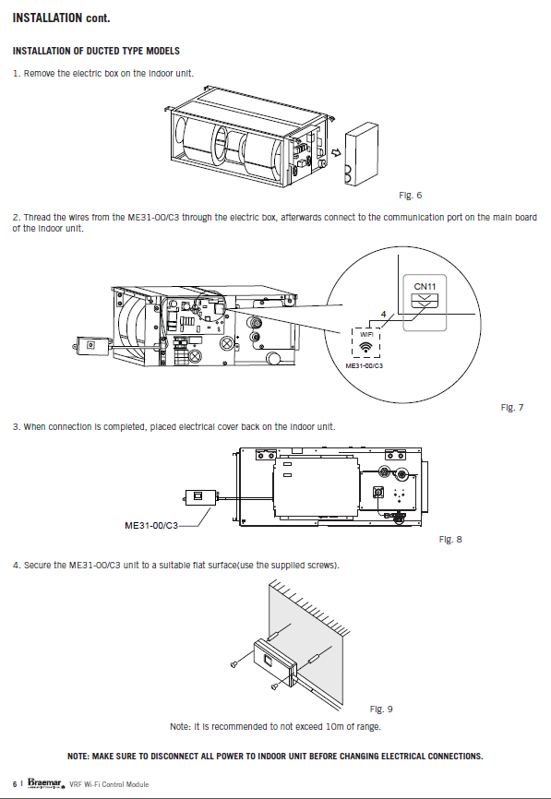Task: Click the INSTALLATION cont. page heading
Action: (x=61, y=18)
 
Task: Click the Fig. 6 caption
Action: (x=411, y=196)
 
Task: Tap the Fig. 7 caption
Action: (x=511, y=407)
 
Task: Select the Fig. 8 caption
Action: (x=450, y=539)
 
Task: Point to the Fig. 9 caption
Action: (x=381, y=709)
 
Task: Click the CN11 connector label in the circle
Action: (x=425, y=286)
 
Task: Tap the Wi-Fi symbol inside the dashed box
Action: (x=366, y=348)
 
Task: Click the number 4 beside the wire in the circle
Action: (x=383, y=315)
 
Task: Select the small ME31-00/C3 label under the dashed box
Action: (x=364, y=366)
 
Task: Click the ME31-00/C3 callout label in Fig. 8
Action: (x=151, y=525)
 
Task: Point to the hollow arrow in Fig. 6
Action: (x=336, y=152)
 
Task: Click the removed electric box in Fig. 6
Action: (x=362, y=154)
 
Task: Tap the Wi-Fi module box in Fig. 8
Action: (x=201, y=497)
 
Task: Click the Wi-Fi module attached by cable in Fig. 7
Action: (x=91, y=345)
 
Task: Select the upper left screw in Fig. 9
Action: (x=235, y=663)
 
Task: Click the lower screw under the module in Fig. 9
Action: (x=275, y=686)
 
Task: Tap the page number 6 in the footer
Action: (x=15, y=783)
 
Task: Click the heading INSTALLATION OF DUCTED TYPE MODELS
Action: (x=96, y=51)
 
